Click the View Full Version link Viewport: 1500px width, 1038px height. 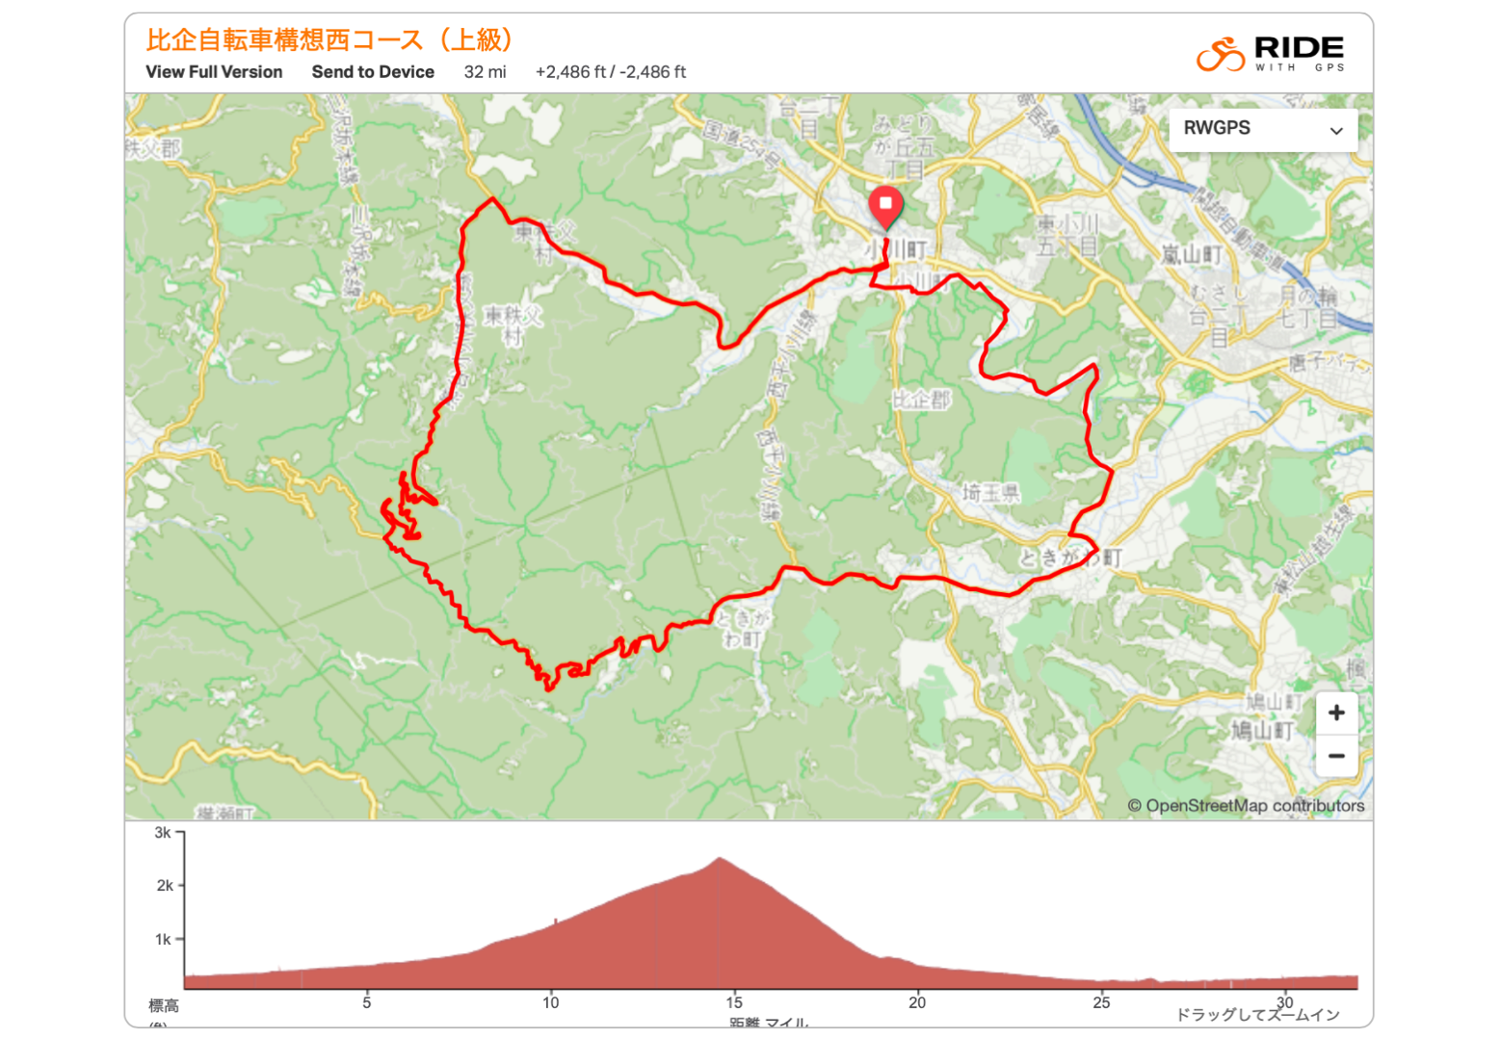tap(214, 72)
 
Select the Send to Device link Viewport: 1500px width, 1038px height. tap(373, 72)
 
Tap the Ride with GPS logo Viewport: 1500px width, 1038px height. tap(1270, 54)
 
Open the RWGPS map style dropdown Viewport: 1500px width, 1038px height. tap(1262, 129)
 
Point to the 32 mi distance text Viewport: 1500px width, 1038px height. tap(485, 72)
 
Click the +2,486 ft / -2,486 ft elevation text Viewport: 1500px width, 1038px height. tap(610, 72)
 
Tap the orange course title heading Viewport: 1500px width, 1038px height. tap(330, 40)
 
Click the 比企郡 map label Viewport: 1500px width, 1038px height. tap(921, 400)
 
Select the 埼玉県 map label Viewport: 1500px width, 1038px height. tap(990, 493)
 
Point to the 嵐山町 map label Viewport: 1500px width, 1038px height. tap(1192, 254)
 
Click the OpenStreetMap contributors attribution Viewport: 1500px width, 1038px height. tap(1246, 806)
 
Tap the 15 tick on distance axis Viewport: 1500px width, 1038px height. tap(734, 1002)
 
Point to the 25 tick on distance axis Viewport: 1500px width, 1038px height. tap(1101, 1002)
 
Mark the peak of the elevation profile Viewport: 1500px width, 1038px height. tap(720, 858)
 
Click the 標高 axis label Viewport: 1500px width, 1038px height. tap(163, 1006)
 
